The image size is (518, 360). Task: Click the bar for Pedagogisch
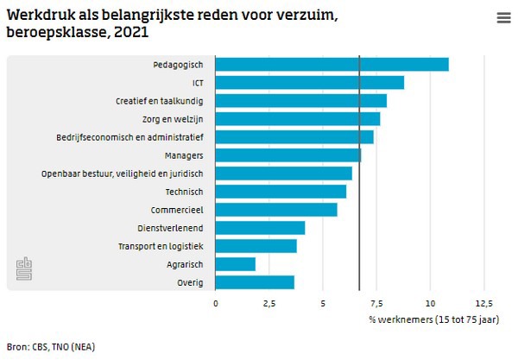pos(332,64)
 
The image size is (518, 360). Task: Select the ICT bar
pos(309,82)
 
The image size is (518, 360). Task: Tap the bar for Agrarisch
pos(235,264)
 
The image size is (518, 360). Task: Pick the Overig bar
pos(255,282)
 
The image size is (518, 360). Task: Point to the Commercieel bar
pos(276,210)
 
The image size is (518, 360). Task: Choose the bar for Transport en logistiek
pos(256,246)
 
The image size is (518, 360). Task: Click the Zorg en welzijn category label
pos(171,119)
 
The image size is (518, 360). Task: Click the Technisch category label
pos(183,192)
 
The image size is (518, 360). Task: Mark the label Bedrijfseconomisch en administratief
pos(129,137)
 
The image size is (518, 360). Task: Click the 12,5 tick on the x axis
pos(483,303)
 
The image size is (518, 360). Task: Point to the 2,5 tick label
pos(268,303)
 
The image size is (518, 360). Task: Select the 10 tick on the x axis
pos(430,303)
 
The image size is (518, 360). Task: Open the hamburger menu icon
pos(503,18)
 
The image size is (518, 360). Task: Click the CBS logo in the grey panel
pos(23,268)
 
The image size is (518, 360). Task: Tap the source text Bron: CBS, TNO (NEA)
pos(51,347)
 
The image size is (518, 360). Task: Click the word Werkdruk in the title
pos(36,15)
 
